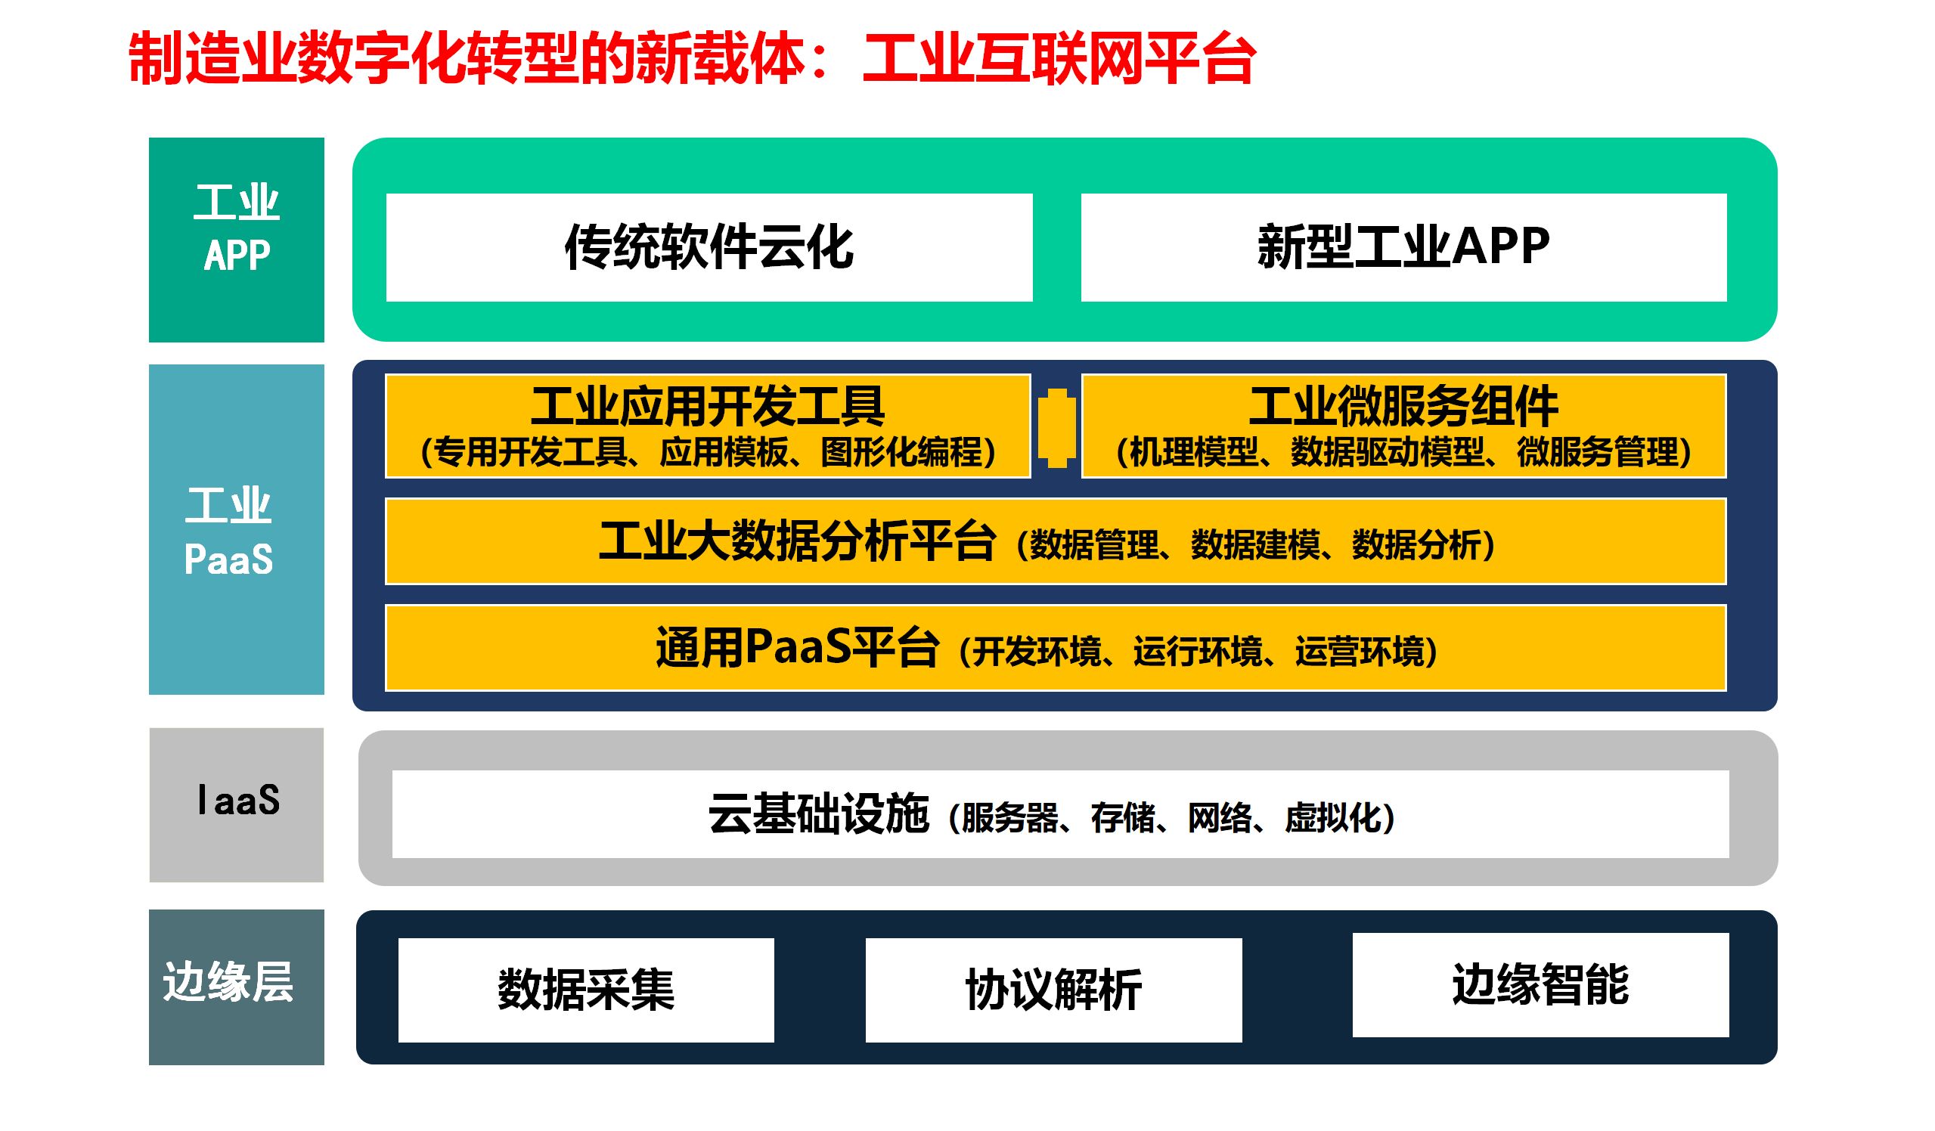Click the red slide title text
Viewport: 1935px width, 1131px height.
691,58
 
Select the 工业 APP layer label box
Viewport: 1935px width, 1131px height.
237,240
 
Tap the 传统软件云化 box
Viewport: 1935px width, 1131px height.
709,247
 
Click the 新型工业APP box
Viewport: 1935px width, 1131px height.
1403,247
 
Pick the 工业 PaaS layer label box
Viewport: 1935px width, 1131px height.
237,530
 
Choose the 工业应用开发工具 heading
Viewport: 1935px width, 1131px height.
707,406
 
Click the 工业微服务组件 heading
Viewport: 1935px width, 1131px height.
1403,406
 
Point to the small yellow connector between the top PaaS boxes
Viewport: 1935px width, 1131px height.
1056,428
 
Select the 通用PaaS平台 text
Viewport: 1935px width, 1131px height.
797,647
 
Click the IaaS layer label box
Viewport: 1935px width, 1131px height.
237,804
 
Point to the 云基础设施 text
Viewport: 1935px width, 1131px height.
818,814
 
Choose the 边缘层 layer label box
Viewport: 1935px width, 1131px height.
237,987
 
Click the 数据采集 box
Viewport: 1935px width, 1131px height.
586,990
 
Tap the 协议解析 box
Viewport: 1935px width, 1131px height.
1053,990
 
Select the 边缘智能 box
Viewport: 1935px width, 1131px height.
1540,984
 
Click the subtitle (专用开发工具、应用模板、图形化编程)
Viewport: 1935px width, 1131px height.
707,452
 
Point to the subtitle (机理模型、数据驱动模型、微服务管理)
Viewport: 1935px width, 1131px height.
1403,452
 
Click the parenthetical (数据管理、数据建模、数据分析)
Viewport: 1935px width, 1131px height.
1255,545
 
